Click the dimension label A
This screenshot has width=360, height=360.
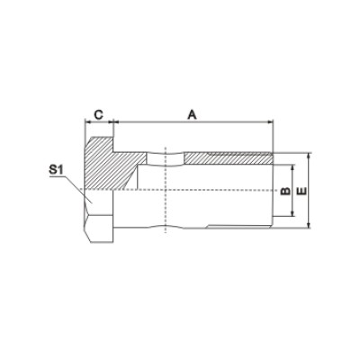(x=192, y=114)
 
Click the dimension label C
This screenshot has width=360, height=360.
(x=99, y=114)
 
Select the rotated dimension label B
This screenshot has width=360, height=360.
(x=285, y=191)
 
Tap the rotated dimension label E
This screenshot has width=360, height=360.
(x=302, y=191)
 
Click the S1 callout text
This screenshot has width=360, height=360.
(x=57, y=170)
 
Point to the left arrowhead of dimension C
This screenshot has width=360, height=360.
(x=88, y=121)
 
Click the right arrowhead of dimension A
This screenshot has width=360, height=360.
(x=270, y=121)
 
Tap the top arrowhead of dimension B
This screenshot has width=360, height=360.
(x=292, y=167)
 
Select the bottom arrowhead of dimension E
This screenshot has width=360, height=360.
(x=310, y=225)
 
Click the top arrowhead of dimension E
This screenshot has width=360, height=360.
(x=310, y=156)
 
